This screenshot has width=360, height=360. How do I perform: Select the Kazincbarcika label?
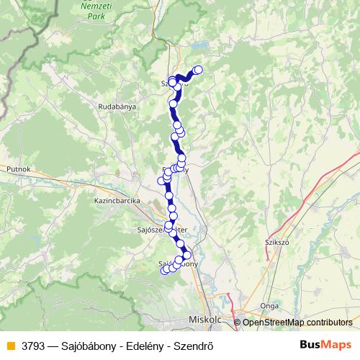(x=116, y=202)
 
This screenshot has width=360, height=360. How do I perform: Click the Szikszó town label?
(x=276, y=243)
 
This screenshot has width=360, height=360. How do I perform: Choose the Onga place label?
(x=270, y=305)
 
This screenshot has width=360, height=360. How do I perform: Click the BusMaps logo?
(x=325, y=345)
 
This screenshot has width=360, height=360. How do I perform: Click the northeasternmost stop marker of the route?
(x=198, y=70)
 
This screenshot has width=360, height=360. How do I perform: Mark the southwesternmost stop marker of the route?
(x=165, y=271)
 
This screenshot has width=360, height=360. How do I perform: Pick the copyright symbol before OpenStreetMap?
(x=238, y=323)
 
